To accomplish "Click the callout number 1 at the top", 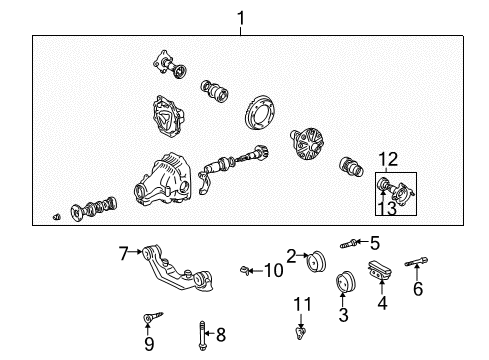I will click(x=240, y=17).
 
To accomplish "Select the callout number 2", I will click(x=291, y=255).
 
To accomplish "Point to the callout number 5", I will click(x=375, y=242).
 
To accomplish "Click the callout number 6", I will click(x=418, y=288).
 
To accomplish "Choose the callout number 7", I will click(x=124, y=254).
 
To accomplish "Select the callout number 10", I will click(x=274, y=270).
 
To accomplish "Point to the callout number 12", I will click(x=387, y=159).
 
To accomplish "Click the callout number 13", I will click(x=386, y=209).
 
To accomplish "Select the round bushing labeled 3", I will click(x=347, y=283).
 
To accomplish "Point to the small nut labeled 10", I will click(x=246, y=269).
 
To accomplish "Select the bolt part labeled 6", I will click(x=418, y=265).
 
